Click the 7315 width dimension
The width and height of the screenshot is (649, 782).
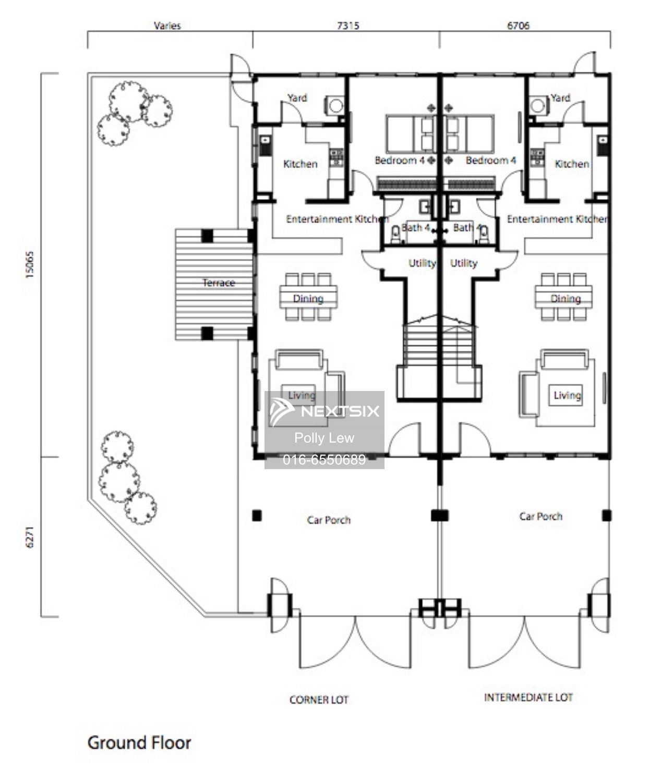pyautogui.click(x=348, y=26)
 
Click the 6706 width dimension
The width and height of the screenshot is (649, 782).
pyautogui.click(x=518, y=26)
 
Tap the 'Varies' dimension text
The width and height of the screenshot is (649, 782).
pyautogui.click(x=167, y=26)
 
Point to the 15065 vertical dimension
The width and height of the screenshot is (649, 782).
pyautogui.click(x=30, y=264)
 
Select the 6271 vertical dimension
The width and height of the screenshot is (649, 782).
pyautogui.click(x=30, y=537)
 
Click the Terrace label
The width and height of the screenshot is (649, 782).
pyautogui.click(x=219, y=283)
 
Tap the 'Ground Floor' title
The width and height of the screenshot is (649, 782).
pyautogui.click(x=139, y=743)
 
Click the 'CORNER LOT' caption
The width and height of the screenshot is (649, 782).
pyautogui.click(x=319, y=700)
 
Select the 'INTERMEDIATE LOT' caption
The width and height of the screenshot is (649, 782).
pyautogui.click(x=528, y=698)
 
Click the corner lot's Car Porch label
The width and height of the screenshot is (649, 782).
pyautogui.click(x=329, y=520)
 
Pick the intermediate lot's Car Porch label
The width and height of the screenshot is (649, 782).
pyautogui.click(x=540, y=517)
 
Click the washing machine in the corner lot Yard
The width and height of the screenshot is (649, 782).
pyautogui.click(x=335, y=106)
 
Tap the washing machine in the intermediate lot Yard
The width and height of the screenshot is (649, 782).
pyautogui.click(x=538, y=106)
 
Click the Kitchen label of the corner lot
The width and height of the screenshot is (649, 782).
pyautogui.click(x=300, y=164)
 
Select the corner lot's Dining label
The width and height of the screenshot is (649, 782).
pyautogui.click(x=308, y=299)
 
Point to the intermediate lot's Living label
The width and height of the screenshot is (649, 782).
pyautogui.click(x=567, y=395)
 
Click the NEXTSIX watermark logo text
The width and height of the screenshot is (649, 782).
pyautogui.click(x=340, y=411)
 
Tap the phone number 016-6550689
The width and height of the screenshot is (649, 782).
pyautogui.click(x=324, y=459)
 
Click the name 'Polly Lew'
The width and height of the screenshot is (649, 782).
pyautogui.click(x=324, y=438)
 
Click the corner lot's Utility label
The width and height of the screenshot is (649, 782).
pyautogui.click(x=422, y=263)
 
